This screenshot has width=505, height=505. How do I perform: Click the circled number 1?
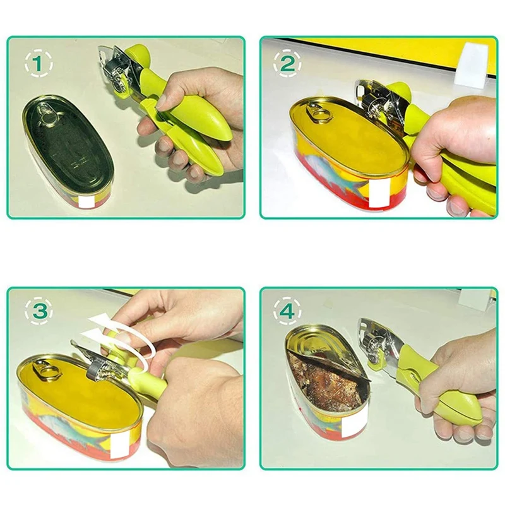39,64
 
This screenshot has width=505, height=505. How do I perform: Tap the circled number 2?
287,64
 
